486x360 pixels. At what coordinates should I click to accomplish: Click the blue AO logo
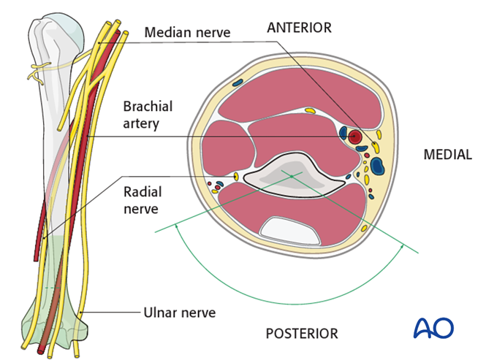(433, 328)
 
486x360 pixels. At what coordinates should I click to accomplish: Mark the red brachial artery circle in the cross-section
(355, 136)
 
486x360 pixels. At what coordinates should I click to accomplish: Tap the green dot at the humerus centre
(291, 176)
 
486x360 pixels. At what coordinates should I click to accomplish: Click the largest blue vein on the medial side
(377, 166)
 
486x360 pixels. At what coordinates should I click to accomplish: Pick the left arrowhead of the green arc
(176, 226)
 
